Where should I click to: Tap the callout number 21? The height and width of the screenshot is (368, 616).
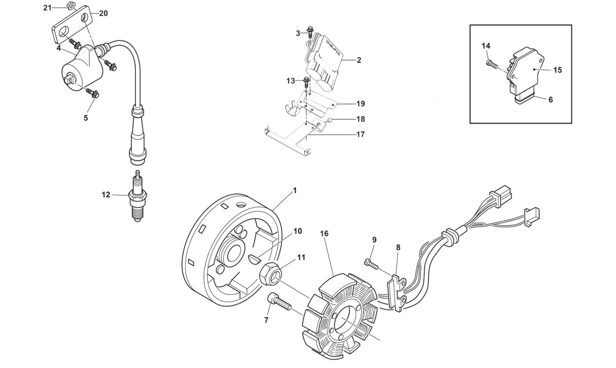click(48, 8)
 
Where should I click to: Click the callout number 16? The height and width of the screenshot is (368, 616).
click(324, 234)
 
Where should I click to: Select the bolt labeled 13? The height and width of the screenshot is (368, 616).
click(306, 82)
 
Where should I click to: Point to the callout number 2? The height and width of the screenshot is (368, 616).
click(359, 60)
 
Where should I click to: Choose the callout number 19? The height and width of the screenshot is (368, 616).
click(361, 104)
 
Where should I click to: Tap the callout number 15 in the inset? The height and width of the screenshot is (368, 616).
click(557, 70)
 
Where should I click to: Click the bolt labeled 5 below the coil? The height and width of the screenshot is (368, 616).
click(94, 94)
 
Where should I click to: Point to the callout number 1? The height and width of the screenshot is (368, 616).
click(295, 191)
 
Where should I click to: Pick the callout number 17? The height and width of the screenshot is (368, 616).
click(361, 134)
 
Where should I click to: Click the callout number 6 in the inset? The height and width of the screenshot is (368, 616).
click(551, 100)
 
